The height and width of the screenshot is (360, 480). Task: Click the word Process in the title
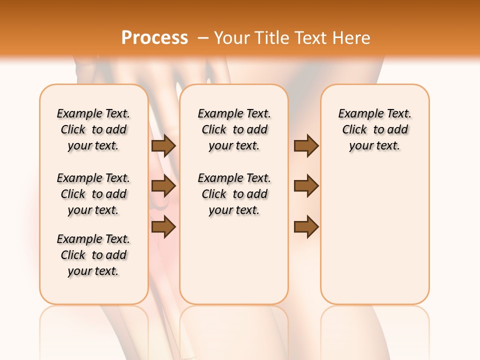click(154, 38)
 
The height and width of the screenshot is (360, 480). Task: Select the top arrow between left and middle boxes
click(163, 146)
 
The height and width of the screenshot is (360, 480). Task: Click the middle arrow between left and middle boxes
click(163, 186)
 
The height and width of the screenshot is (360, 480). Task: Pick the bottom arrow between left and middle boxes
click(163, 226)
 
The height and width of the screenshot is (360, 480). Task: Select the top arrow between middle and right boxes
click(306, 146)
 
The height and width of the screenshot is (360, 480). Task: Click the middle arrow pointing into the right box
click(306, 186)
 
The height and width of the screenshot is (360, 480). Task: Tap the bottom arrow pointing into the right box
click(306, 226)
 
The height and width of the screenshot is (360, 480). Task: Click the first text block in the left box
click(93, 129)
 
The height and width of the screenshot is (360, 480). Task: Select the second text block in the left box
click(93, 194)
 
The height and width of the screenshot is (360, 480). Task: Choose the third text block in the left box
click(93, 255)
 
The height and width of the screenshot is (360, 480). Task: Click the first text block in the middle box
click(234, 129)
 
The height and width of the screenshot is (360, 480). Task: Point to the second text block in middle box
click(234, 194)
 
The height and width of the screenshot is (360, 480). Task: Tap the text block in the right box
click(375, 129)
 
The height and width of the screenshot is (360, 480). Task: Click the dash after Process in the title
click(203, 38)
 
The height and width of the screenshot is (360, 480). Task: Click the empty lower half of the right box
click(375, 240)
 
